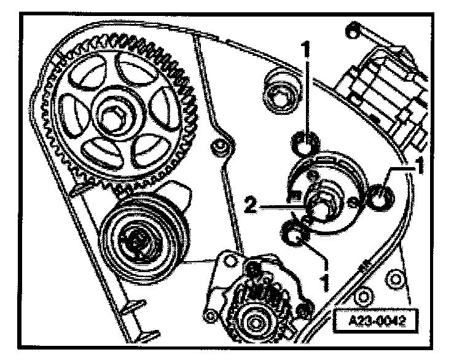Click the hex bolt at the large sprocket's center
(x=116, y=114)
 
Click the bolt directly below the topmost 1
(x=303, y=146)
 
